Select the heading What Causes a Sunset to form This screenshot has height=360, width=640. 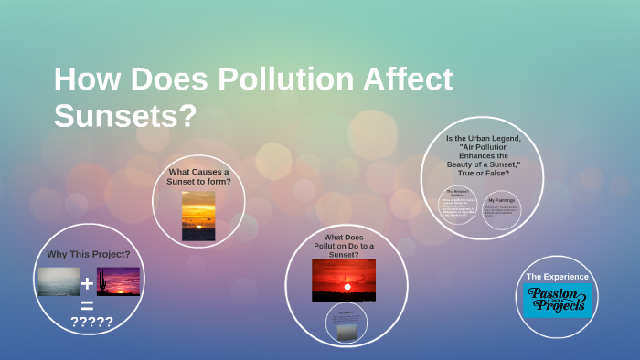pyautogui.click(x=198, y=176)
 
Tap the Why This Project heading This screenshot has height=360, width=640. pyautogui.click(x=88, y=253)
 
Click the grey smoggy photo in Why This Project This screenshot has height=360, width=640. pyautogui.click(x=59, y=281)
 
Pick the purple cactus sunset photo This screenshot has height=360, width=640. pyautogui.click(x=118, y=281)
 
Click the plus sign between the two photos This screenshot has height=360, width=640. pyautogui.click(x=88, y=282)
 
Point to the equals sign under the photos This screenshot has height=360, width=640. pyautogui.click(x=88, y=306)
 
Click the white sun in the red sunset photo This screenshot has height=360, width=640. pyautogui.click(x=347, y=287)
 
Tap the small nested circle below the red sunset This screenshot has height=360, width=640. pyautogui.click(x=347, y=322)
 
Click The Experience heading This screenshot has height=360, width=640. pyautogui.click(x=557, y=276)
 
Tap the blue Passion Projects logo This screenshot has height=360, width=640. pyautogui.click(x=558, y=300)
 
